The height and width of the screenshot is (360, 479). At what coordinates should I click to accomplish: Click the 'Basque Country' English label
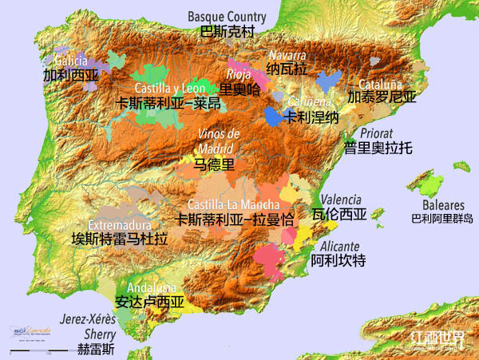pyautogui.click(x=226, y=16)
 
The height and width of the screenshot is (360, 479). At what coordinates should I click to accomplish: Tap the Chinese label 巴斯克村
pyautogui.click(x=226, y=32)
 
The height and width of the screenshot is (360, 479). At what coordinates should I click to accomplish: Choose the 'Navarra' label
pyautogui.click(x=287, y=55)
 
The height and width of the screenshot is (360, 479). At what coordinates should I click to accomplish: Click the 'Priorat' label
pyautogui.click(x=377, y=133)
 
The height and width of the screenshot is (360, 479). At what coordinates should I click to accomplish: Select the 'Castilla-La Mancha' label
pyautogui.click(x=234, y=204)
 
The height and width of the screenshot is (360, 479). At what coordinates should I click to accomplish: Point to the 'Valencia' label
pyautogui.click(x=341, y=200)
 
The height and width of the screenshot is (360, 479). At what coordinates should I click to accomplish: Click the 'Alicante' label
pyautogui.click(x=337, y=246)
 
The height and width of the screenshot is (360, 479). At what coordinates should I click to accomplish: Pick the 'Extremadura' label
pyautogui.click(x=119, y=224)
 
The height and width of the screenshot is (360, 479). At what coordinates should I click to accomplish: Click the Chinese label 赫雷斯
pyautogui.click(x=96, y=349)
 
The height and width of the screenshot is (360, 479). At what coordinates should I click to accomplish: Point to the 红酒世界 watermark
pyautogui.click(x=436, y=338)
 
